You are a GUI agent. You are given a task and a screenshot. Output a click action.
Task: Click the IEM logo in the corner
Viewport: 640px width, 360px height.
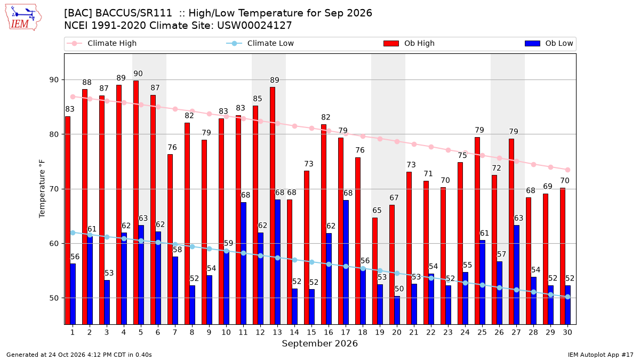(23, 18)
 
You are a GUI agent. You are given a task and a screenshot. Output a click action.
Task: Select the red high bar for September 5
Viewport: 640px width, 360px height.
(136, 203)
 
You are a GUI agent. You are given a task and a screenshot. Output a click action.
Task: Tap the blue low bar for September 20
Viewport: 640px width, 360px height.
(397, 310)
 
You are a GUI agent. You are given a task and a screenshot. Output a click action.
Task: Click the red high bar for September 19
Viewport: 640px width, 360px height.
(375, 271)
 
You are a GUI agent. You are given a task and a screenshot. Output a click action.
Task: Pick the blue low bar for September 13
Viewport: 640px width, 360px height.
(278, 262)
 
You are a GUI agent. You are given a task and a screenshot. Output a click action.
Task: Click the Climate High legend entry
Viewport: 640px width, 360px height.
(102, 43)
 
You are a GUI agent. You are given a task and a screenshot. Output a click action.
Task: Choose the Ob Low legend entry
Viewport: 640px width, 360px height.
(549, 43)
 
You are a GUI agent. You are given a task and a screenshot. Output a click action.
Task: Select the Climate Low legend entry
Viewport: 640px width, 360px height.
(260, 43)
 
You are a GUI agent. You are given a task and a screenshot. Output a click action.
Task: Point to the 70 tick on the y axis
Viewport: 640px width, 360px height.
(54, 189)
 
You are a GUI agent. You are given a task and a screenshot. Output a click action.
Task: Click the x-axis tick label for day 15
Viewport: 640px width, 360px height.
(311, 332)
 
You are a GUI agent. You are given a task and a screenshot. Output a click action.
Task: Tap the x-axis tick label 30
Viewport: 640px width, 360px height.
(567, 332)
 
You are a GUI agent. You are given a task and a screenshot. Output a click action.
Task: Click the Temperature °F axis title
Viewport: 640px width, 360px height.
(42, 189)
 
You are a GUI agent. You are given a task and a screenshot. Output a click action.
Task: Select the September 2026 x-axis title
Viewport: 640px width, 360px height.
(319, 343)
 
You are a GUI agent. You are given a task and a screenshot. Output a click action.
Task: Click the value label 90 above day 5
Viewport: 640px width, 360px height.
(138, 74)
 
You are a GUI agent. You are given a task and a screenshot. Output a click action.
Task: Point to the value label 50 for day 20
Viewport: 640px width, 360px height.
(399, 289)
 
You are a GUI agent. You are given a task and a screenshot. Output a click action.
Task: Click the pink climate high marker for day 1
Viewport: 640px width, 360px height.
(73, 97)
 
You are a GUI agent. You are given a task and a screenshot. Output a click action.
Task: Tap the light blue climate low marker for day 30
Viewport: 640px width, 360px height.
(567, 297)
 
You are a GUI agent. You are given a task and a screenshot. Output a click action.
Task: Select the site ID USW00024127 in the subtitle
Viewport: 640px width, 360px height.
(254, 26)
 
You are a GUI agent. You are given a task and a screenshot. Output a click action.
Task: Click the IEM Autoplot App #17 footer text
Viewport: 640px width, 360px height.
(601, 355)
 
